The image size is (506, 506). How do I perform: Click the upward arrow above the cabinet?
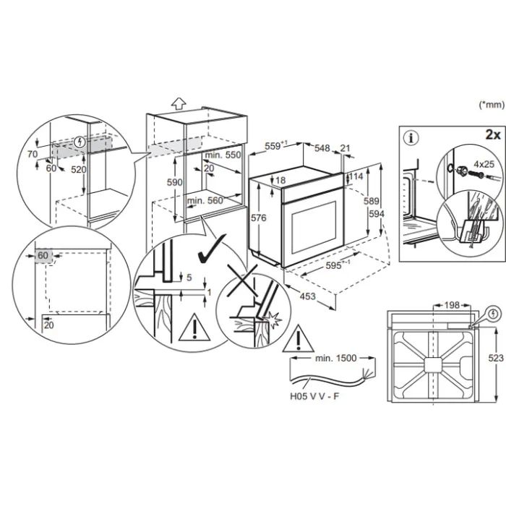click(179, 104)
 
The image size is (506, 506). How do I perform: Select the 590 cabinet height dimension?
click(175, 182)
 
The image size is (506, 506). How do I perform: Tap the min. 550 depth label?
click(223, 155)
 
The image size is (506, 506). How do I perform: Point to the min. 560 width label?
click(205, 201)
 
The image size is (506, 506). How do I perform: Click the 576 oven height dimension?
click(259, 218)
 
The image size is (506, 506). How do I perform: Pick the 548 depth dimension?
click(322, 148)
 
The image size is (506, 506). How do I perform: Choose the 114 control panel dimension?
click(356, 176)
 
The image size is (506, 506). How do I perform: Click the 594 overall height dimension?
click(377, 214)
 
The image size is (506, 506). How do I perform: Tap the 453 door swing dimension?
click(307, 296)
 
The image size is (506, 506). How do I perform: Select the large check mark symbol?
click(211, 249)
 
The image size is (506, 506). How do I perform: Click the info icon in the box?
click(411, 138)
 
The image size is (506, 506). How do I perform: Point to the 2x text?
click(493, 134)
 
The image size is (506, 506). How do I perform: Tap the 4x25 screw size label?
click(484, 164)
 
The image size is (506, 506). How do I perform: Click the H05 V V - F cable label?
click(314, 396)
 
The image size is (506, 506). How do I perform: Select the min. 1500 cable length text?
click(335, 358)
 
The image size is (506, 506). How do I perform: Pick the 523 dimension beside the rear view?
click(496, 358)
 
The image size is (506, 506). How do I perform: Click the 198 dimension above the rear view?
click(452, 305)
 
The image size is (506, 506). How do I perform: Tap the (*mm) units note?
click(492, 105)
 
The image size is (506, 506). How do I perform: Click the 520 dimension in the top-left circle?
click(78, 169)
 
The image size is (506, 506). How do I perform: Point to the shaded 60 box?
click(43, 256)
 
